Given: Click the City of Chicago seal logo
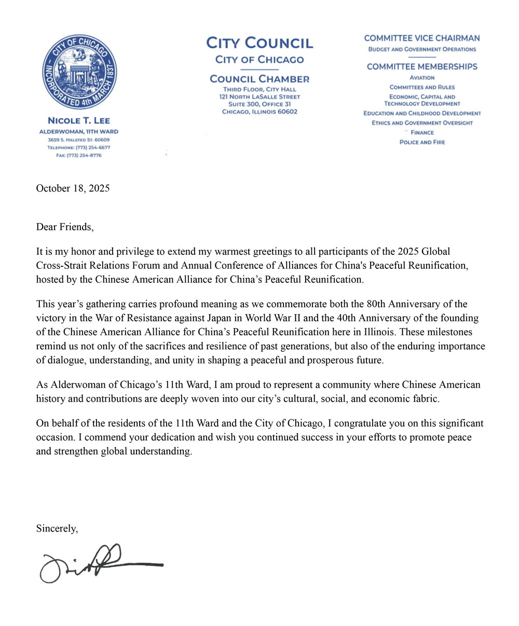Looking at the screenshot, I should coord(79,72).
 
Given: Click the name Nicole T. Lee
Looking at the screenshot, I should coord(79,121).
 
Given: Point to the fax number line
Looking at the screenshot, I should coord(79,155).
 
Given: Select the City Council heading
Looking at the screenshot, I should coord(259,43).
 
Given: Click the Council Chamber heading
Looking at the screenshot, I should coord(259,79).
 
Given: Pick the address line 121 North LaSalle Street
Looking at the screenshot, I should coord(259,97).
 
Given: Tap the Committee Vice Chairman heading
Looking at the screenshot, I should coord(422,38).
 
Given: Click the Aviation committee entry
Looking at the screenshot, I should coord(422,77).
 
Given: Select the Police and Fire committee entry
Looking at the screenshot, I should coord(422,142).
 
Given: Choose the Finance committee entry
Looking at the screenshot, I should coord(422,132).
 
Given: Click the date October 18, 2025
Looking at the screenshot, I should coord(73,188).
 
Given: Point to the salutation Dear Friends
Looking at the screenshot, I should coord(65,227).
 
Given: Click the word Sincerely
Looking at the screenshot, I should coord(57,529).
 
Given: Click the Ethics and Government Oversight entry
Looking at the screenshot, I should coord(422,123).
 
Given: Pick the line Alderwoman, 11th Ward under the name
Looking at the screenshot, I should coord(79,132).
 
